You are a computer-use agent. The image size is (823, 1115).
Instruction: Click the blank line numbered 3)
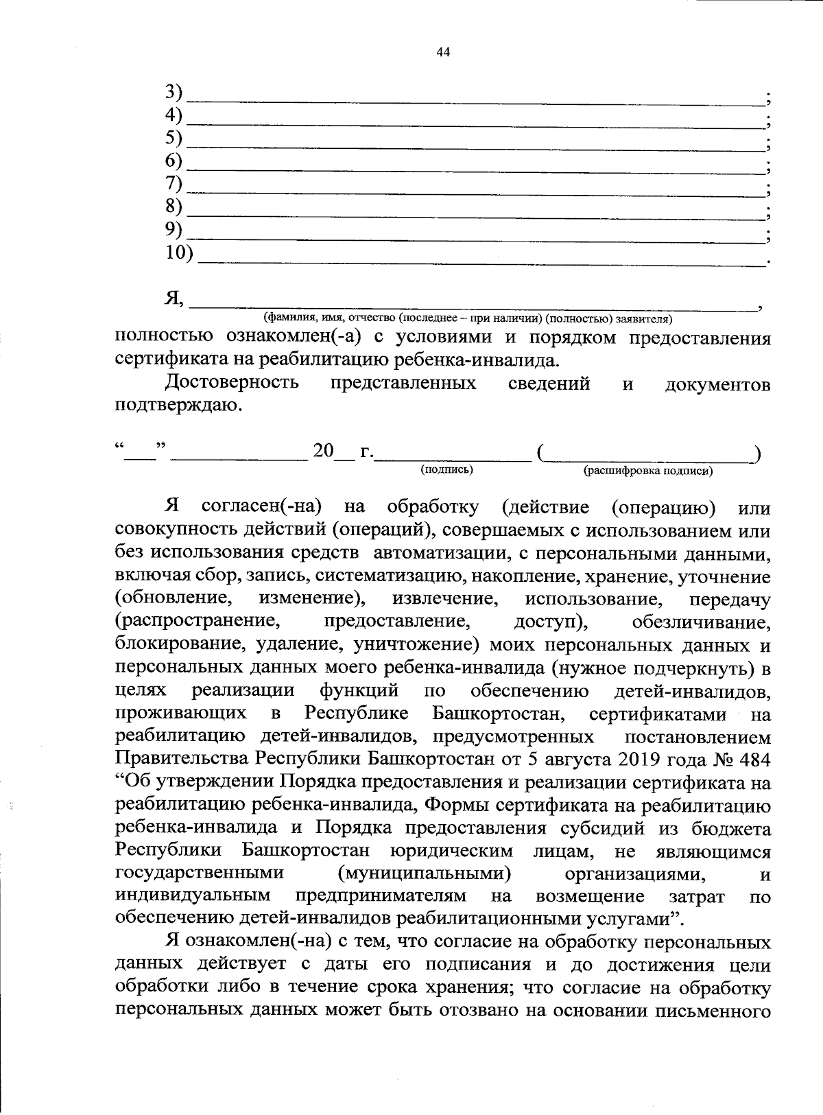click(x=477, y=100)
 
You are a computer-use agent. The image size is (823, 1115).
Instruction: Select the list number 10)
click(x=180, y=253)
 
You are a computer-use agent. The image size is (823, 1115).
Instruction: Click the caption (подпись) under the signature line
click(x=446, y=469)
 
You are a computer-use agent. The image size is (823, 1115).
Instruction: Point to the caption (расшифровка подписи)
click(x=647, y=471)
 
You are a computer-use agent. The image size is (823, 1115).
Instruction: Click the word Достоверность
click(x=232, y=383)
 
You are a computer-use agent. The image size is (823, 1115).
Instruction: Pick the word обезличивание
click(x=701, y=623)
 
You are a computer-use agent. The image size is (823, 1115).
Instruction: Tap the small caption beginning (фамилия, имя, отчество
click(x=468, y=318)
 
